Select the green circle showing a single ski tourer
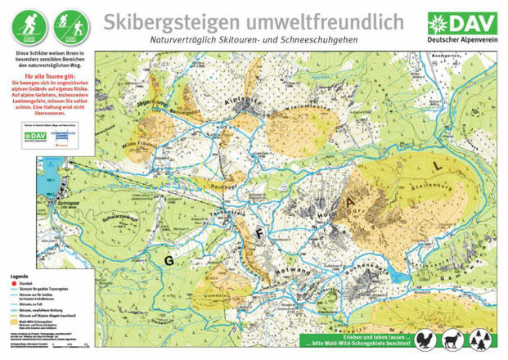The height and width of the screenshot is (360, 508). tap(29, 28)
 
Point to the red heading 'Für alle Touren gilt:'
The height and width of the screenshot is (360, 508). tap(50, 75)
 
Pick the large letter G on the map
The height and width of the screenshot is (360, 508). tap(170, 260)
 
